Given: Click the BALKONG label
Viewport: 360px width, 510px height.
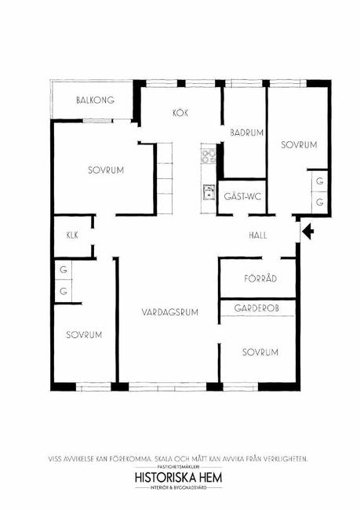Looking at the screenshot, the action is pyautogui.click(x=95, y=100).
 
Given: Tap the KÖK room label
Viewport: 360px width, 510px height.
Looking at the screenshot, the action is pyautogui.click(x=180, y=113).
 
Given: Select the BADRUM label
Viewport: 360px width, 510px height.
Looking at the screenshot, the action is pyautogui.click(x=247, y=133).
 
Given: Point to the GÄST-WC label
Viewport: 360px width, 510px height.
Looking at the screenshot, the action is pyautogui.click(x=242, y=196).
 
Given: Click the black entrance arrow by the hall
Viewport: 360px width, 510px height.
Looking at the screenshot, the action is pyautogui.click(x=308, y=231).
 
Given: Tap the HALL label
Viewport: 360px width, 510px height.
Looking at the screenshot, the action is pyautogui.click(x=258, y=235).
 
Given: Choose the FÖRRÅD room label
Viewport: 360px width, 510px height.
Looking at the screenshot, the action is pyautogui.click(x=260, y=278).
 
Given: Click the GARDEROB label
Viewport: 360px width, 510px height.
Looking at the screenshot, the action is pyautogui.click(x=256, y=308).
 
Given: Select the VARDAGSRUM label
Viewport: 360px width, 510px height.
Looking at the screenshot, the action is pyautogui.click(x=170, y=312).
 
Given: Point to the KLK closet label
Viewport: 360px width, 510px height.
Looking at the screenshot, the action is pyautogui.click(x=72, y=235).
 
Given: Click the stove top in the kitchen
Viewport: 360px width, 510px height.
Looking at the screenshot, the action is pyautogui.click(x=208, y=156).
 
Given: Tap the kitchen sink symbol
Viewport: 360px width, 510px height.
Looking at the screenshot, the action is pyautogui.click(x=209, y=192).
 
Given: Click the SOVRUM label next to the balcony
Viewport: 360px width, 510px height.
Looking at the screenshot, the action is pyautogui.click(x=106, y=170).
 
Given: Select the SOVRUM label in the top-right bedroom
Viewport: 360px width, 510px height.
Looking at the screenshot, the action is pyautogui.click(x=299, y=144).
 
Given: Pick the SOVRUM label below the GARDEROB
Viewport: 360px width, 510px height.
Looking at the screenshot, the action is pyautogui.click(x=260, y=352).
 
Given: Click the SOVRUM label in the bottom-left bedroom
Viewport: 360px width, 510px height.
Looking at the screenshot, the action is pyautogui.click(x=84, y=335).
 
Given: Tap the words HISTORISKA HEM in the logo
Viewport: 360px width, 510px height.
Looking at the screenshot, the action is pyautogui.click(x=179, y=478).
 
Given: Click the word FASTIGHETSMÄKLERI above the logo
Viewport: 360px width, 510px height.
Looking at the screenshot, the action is pyautogui.click(x=179, y=466).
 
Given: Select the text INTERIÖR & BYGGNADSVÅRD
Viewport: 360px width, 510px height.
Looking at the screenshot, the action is pyautogui.click(x=179, y=488).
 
